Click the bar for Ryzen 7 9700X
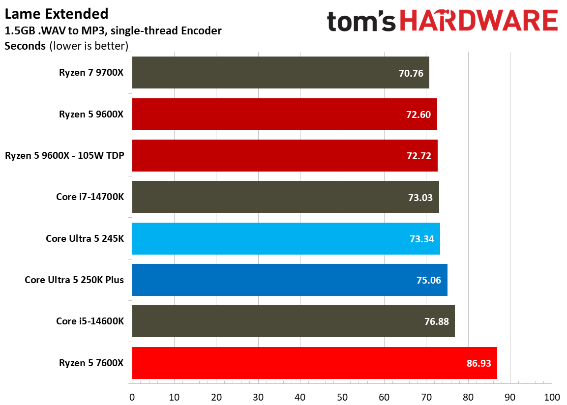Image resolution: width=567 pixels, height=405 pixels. [280, 73]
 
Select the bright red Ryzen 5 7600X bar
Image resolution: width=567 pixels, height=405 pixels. [315, 363]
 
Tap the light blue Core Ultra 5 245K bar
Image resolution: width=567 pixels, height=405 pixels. [286, 238]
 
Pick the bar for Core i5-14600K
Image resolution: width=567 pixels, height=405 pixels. [293, 321]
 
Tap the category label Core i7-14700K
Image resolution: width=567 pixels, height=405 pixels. [90, 197]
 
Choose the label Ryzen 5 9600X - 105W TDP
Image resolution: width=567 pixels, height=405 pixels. [64, 156]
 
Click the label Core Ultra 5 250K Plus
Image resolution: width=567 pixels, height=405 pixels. [74, 280]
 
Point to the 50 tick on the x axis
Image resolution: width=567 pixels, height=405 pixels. [342, 397]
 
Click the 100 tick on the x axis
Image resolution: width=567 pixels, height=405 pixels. [552, 397]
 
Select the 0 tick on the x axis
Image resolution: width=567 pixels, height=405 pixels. [132, 397]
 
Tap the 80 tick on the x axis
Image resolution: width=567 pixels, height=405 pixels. [468, 397]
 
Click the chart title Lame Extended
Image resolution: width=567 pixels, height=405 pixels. [57, 13]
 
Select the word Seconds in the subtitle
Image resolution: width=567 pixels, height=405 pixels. [25, 47]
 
